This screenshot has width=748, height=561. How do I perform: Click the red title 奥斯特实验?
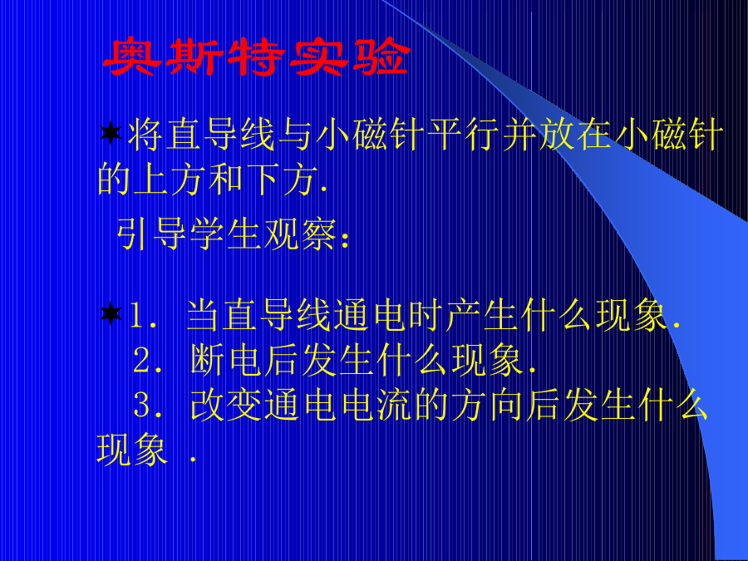tap(257, 57)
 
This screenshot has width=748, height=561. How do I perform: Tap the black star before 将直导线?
tap(111, 133)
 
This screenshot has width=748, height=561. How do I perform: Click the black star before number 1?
tap(111, 313)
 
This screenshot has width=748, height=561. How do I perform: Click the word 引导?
tap(152, 234)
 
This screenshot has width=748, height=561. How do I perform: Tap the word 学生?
tap(226, 234)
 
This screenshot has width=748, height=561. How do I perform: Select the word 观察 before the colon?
tap(301, 234)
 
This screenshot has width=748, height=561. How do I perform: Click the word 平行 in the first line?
tap(463, 134)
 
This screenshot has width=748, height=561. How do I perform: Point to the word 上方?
tap(152, 179)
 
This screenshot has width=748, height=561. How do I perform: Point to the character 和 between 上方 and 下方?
tap(226, 179)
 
